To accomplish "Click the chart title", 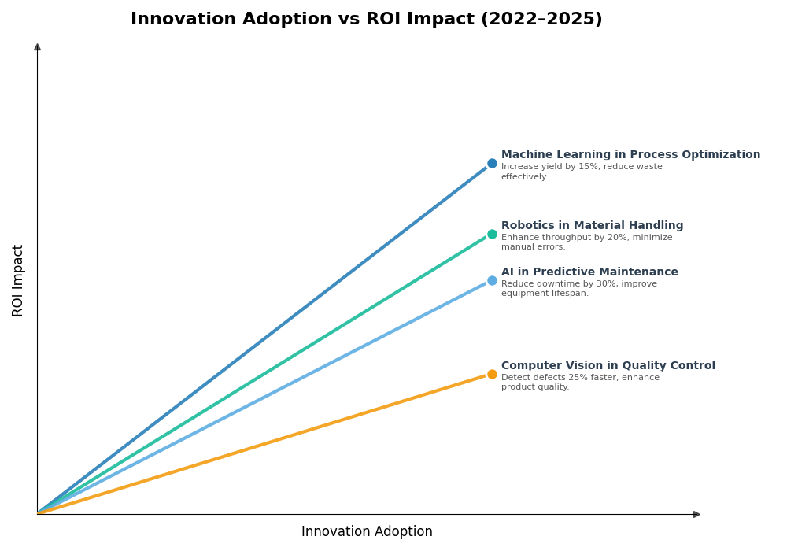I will point(366,20).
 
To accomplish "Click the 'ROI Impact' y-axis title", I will point(18,280).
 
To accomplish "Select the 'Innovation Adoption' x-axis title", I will point(367,532).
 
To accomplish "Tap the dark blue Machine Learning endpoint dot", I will point(492,164).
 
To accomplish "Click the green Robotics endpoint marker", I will point(492,234).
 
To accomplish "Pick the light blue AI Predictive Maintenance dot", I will point(492,281).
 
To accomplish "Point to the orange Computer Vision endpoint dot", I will point(492,375).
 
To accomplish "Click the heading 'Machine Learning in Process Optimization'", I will point(630,155).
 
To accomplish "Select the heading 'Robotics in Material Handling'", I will point(592,226).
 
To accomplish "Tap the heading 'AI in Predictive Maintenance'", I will point(589,272).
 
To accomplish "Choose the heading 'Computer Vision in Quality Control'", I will point(608,366).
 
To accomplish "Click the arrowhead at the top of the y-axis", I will point(37,47).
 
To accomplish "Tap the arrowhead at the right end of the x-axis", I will point(696,515).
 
